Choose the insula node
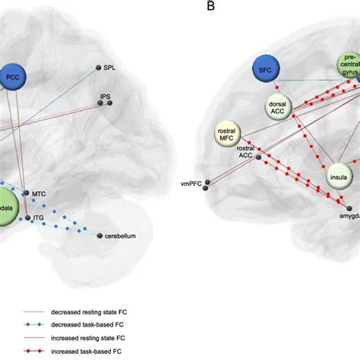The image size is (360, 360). pyautogui.click(x=339, y=176)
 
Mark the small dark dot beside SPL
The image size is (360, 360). pyautogui.click(x=98, y=68)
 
